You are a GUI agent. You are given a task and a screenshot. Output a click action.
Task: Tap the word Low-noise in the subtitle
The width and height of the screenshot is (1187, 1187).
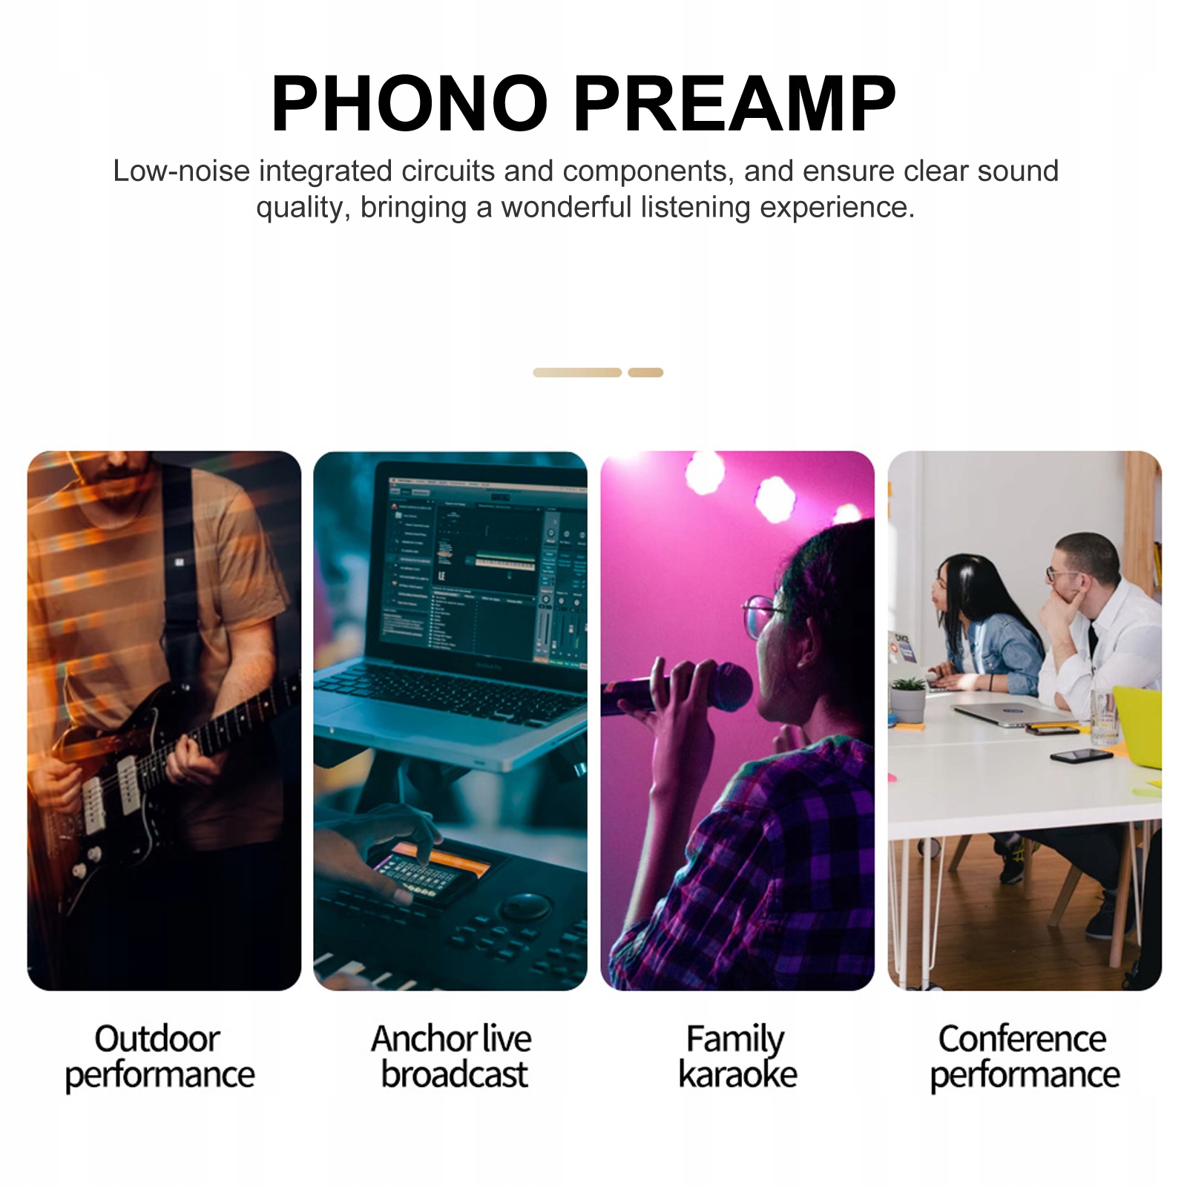click(181, 171)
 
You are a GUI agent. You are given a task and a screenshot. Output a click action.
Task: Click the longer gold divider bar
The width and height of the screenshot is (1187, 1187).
click(577, 372)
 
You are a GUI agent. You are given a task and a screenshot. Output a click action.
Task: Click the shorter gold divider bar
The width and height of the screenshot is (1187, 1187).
click(645, 372)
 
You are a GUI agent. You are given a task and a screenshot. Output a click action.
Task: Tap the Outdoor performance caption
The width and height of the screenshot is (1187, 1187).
click(160, 1057)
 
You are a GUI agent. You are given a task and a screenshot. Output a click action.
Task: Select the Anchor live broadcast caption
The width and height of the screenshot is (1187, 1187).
click(452, 1056)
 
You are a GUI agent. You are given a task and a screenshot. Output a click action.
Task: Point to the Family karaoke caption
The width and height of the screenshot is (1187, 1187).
click(737, 1056)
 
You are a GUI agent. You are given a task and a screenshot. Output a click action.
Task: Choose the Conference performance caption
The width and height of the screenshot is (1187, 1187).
click(1025, 1057)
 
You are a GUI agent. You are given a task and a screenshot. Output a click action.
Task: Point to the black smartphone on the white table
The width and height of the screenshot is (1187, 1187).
click(1081, 756)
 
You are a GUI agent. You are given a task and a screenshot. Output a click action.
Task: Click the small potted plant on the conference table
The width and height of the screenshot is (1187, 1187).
click(907, 699)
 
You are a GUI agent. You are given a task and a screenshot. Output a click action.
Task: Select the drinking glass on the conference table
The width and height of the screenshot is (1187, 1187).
click(1103, 717)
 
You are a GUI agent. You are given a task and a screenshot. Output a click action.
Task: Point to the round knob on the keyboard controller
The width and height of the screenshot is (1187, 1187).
click(525, 907)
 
